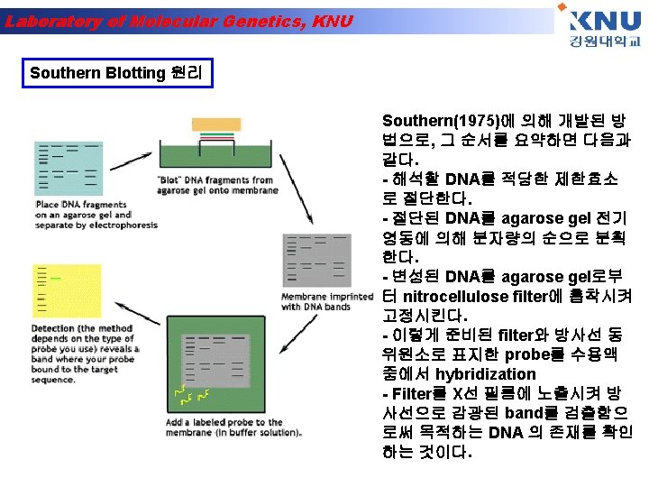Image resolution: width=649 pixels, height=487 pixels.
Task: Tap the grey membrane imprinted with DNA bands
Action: point(315,262)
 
